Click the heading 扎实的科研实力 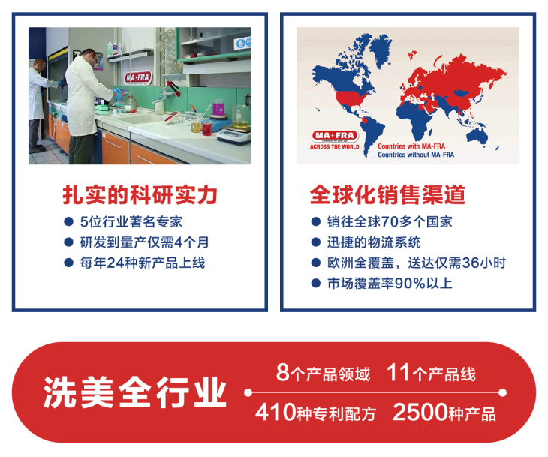[140, 194]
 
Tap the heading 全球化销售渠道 [387, 194]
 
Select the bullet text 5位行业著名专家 [131, 222]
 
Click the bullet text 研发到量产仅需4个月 [144, 242]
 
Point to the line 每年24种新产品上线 [143, 263]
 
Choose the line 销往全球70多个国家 [390, 222]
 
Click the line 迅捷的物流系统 [374, 242]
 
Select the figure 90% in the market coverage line [410, 284]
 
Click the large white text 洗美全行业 [135, 392]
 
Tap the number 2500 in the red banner [420, 412]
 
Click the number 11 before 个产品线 [398, 372]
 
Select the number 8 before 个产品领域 [282, 372]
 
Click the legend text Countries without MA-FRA [416, 155]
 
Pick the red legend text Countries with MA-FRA [411, 146]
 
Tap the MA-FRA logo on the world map [335, 136]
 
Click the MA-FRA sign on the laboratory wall [138, 77]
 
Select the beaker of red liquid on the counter [206, 128]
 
